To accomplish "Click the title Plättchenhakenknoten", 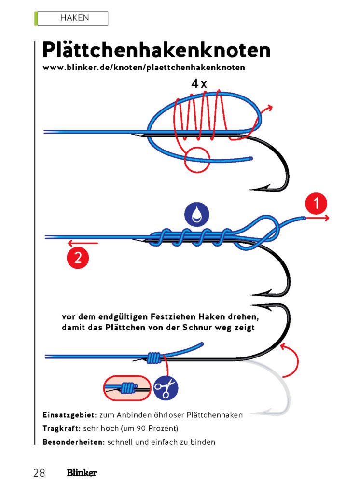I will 156,50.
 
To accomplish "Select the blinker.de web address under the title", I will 143,68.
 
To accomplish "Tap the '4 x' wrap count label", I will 198,83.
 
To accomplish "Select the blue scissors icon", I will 166,387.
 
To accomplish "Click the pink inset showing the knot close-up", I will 127,387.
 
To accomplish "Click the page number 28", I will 40,473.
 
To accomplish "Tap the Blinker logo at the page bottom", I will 82,473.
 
